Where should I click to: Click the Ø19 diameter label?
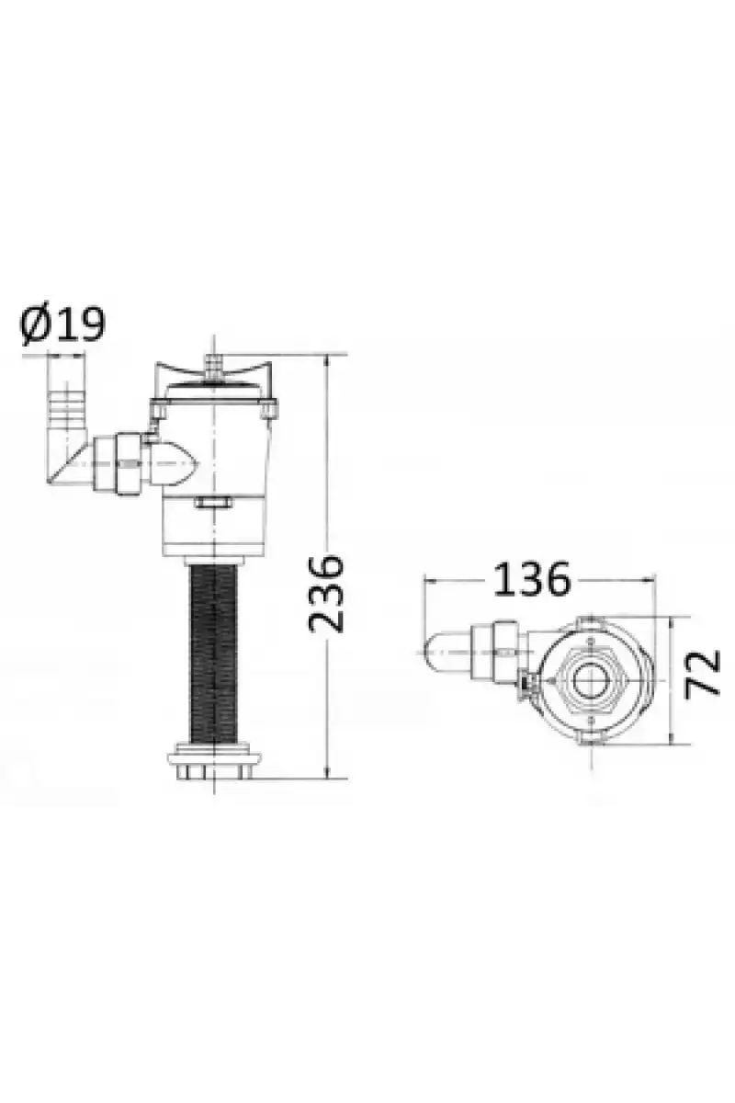click(x=62, y=325)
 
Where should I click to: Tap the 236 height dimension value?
click(x=325, y=594)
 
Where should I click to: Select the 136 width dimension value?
click(x=532, y=579)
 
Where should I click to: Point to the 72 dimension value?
click(x=703, y=673)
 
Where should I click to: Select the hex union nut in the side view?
click(x=129, y=463)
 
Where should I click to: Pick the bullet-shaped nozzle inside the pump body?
click(x=174, y=463)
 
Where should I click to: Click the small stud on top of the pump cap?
click(x=213, y=367)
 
